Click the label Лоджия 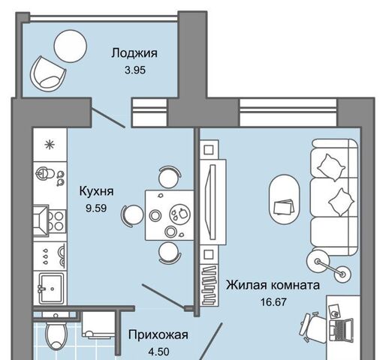click(134, 53)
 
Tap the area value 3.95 click(135, 70)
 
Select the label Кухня click(96, 191)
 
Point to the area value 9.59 click(96, 208)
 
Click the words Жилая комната click(273, 285)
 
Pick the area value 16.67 click(273, 302)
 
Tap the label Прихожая click(158, 334)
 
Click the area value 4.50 click(158, 352)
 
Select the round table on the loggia click(71, 46)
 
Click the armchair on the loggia click(47, 74)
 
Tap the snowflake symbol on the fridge click(50, 145)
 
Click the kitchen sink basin click(51, 288)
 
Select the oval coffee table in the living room click(284, 199)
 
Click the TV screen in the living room click(213, 202)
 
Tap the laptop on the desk click(341, 330)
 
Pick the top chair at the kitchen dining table click(170, 177)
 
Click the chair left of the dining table click(132, 214)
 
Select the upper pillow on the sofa click(331, 167)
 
